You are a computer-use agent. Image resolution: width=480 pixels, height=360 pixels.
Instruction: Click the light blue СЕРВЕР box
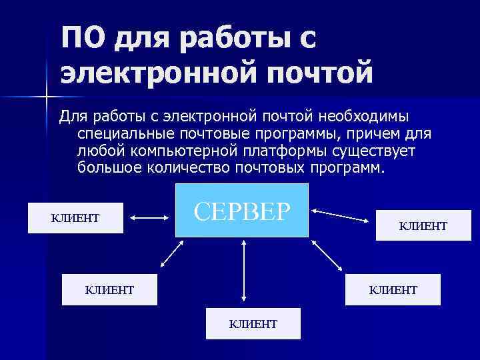click(x=242, y=210)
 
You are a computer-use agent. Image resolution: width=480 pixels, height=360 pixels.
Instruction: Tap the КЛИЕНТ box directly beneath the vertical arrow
click(x=253, y=324)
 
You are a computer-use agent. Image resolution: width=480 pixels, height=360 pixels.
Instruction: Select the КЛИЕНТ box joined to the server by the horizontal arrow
click(x=75, y=218)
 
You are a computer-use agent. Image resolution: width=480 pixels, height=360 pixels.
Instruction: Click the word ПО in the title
click(x=82, y=39)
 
